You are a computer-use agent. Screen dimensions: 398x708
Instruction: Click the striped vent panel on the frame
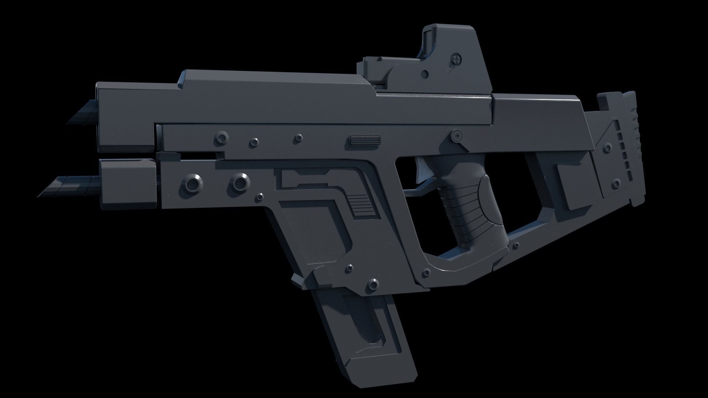point(363,207)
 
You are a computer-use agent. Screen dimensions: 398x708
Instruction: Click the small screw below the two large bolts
point(260,196)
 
